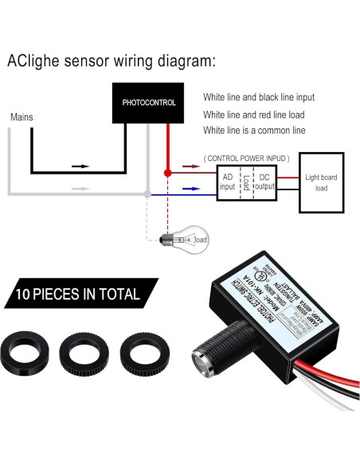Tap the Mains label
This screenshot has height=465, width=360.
click(x=22, y=117)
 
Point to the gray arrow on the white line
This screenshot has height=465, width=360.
click(x=80, y=189)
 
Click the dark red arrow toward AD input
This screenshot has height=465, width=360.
click(x=190, y=168)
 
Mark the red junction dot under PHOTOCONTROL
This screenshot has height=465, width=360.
click(x=167, y=172)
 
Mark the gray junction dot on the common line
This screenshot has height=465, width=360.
click(x=146, y=193)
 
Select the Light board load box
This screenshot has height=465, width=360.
click(x=321, y=182)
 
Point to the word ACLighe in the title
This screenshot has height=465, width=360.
click(x=33, y=61)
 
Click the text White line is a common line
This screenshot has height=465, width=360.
click(x=253, y=130)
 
